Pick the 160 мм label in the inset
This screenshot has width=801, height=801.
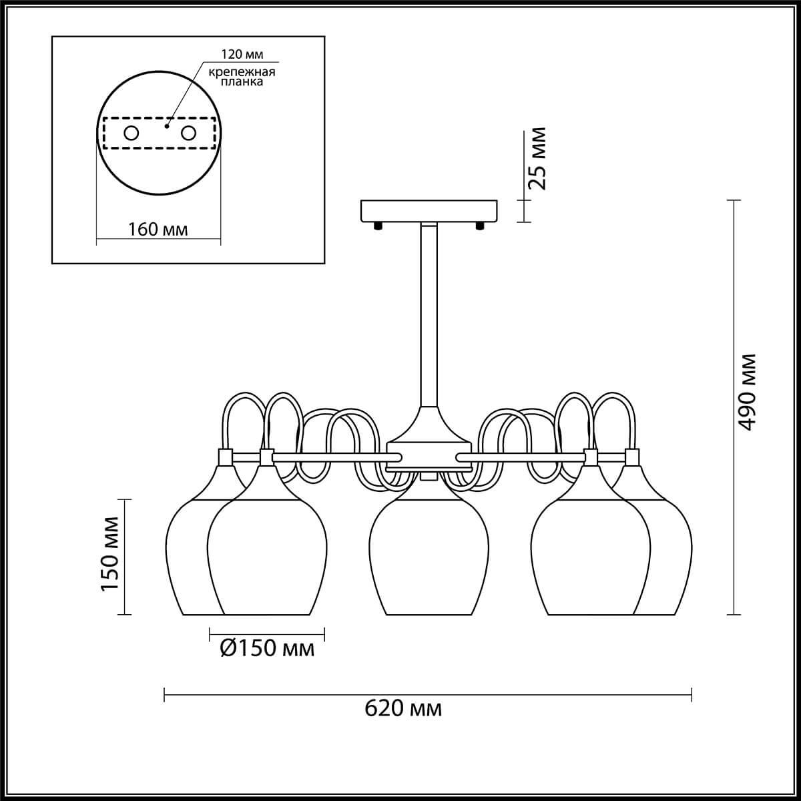click(x=158, y=230)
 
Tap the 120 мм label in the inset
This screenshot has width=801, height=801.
click(x=242, y=54)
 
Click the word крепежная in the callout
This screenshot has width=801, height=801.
click(x=242, y=72)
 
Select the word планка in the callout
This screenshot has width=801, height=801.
click(x=242, y=81)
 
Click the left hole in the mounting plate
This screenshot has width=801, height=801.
click(x=131, y=133)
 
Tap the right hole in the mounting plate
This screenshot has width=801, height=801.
click(x=188, y=133)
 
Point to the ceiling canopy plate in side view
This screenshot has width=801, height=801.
click(x=429, y=211)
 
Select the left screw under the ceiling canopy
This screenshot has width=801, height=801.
click(x=378, y=226)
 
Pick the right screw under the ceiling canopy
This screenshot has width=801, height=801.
click(x=480, y=226)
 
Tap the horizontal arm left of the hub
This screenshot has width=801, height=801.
click(x=337, y=458)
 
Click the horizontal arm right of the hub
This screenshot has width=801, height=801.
click(x=521, y=458)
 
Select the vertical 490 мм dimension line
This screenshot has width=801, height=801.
click(x=734, y=413)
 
